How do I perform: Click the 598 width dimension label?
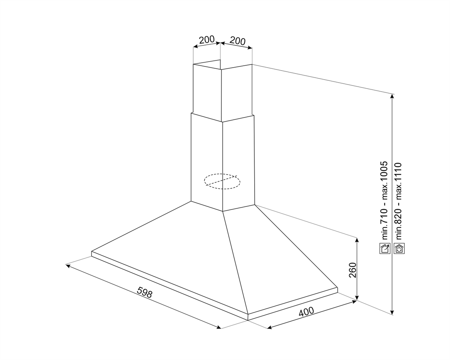(145, 292)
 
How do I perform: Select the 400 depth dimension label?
(306, 312)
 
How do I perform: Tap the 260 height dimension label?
(352, 270)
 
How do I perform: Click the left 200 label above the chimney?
(207, 39)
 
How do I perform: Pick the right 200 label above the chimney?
(237, 41)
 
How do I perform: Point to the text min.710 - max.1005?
(384, 200)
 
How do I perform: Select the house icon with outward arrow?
(385, 249)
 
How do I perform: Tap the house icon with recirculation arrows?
(399, 249)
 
